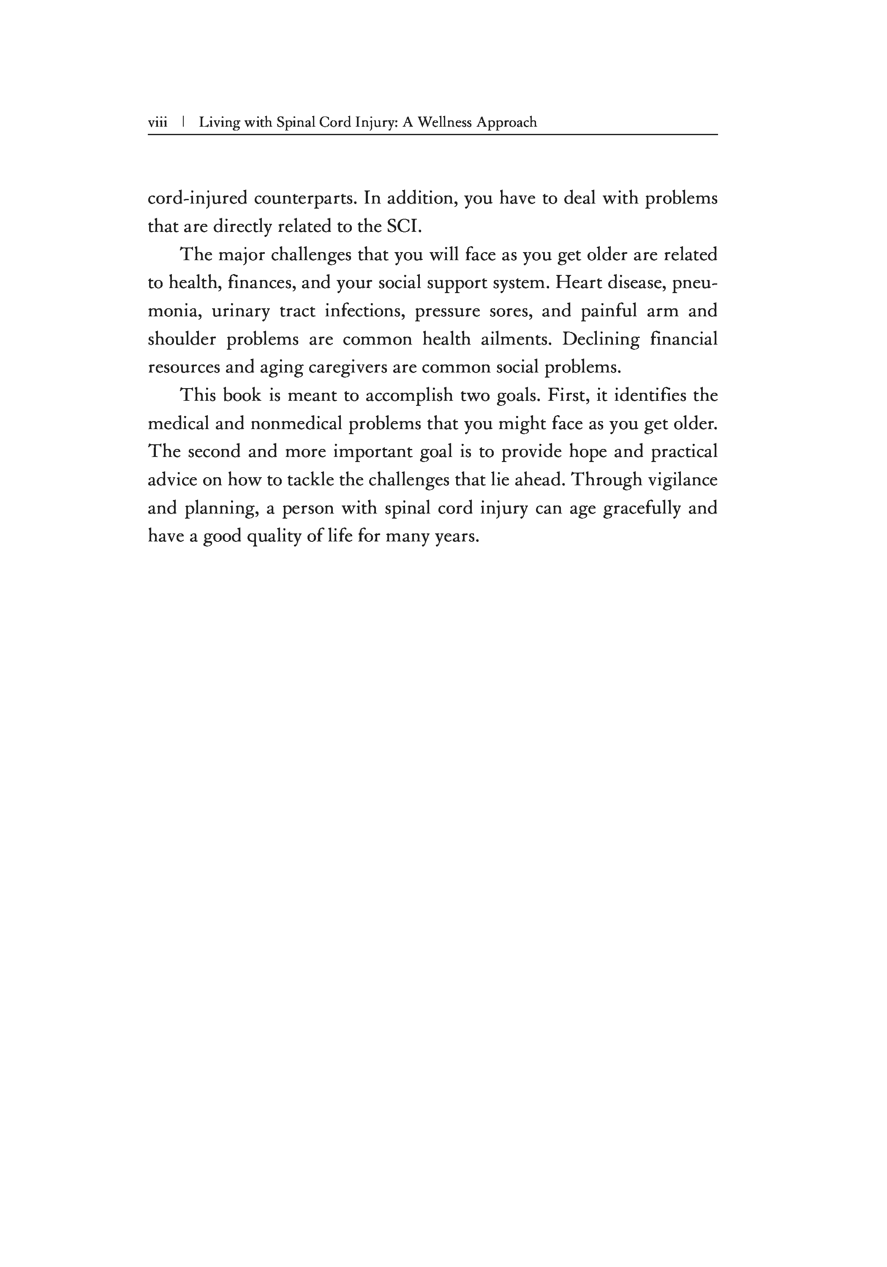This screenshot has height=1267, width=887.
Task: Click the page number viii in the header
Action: pos(157,122)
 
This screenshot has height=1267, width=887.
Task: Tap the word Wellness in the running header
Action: pos(444,122)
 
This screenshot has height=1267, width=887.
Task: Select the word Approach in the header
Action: pos(506,122)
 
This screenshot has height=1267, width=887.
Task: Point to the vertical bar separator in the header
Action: pos(183,122)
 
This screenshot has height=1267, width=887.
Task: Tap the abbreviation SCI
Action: pos(404,226)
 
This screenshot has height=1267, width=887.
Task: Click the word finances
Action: pos(259,283)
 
